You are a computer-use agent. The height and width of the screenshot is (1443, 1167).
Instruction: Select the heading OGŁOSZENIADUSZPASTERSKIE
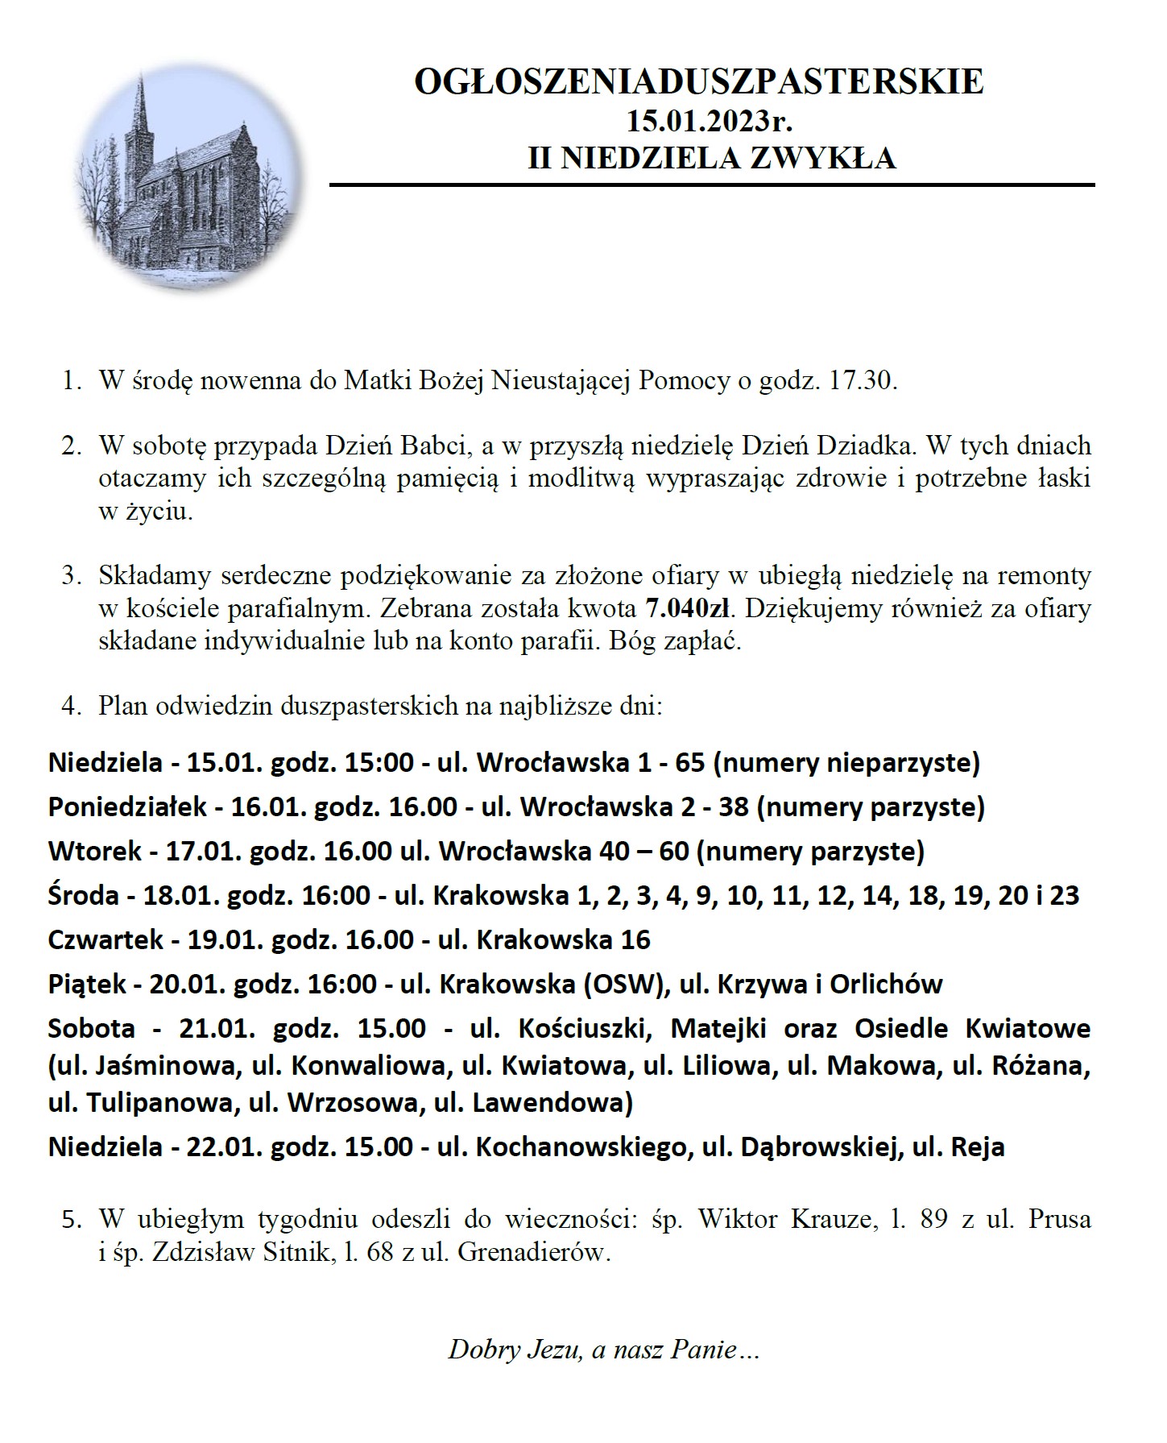[698, 82]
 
